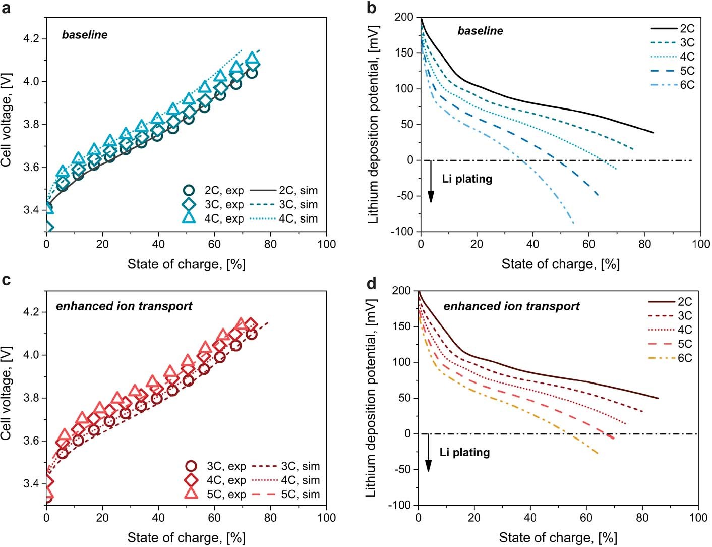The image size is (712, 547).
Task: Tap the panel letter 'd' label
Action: click(x=372, y=284)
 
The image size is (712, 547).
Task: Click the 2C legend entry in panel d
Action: click(x=670, y=302)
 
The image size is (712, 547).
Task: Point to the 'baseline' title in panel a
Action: click(x=85, y=35)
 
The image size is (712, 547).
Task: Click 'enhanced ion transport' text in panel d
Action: click(x=511, y=306)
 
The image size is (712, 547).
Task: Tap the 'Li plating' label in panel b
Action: click(x=467, y=179)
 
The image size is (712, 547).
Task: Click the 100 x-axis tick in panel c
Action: click(x=326, y=518)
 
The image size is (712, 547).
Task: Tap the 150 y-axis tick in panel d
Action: click(x=403, y=326)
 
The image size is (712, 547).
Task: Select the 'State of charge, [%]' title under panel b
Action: click(x=560, y=264)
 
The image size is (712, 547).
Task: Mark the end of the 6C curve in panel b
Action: click(x=573, y=223)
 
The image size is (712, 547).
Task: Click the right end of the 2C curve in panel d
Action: click(x=658, y=398)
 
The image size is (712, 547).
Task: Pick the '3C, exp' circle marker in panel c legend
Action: click(x=191, y=466)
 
